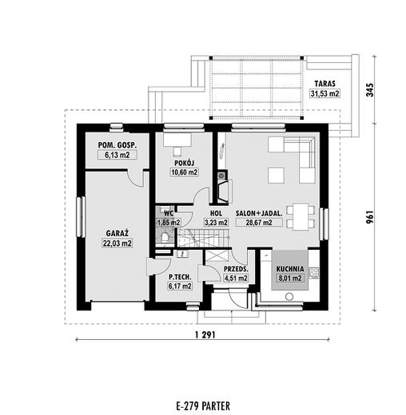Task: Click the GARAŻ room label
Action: coord(117,233)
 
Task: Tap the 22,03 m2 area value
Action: coord(117,243)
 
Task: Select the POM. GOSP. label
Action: coord(117,145)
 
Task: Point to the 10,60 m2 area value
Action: coord(185,172)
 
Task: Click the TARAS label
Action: coord(324,84)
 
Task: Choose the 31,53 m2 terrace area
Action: coord(324,93)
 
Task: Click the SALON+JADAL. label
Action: coord(259,213)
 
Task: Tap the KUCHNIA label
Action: coord(290,269)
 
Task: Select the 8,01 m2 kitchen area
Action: coord(290,279)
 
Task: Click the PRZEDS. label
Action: coord(236,269)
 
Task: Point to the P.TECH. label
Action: coord(180,277)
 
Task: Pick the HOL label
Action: coord(216,213)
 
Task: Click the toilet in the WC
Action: coord(165,237)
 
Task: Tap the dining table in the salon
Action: coord(301,216)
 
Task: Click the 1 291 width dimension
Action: coord(205,335)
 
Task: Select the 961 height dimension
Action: coord(371,217)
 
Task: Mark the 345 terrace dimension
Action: coord(371,90)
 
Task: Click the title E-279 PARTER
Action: coord(203,406)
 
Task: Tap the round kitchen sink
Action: coord(289,297)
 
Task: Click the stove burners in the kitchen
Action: coord(314,273)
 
